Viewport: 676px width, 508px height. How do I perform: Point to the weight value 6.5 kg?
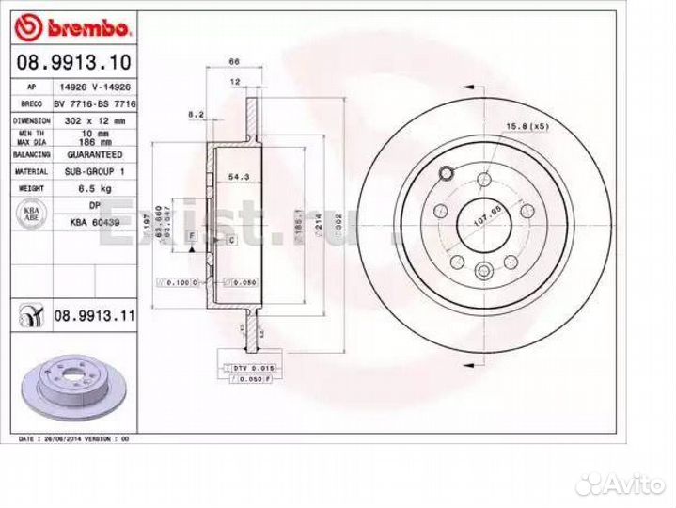[94, 189]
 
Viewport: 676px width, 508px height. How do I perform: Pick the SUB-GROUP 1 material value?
[94, 172]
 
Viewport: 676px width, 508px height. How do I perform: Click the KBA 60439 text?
[95, 222]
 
